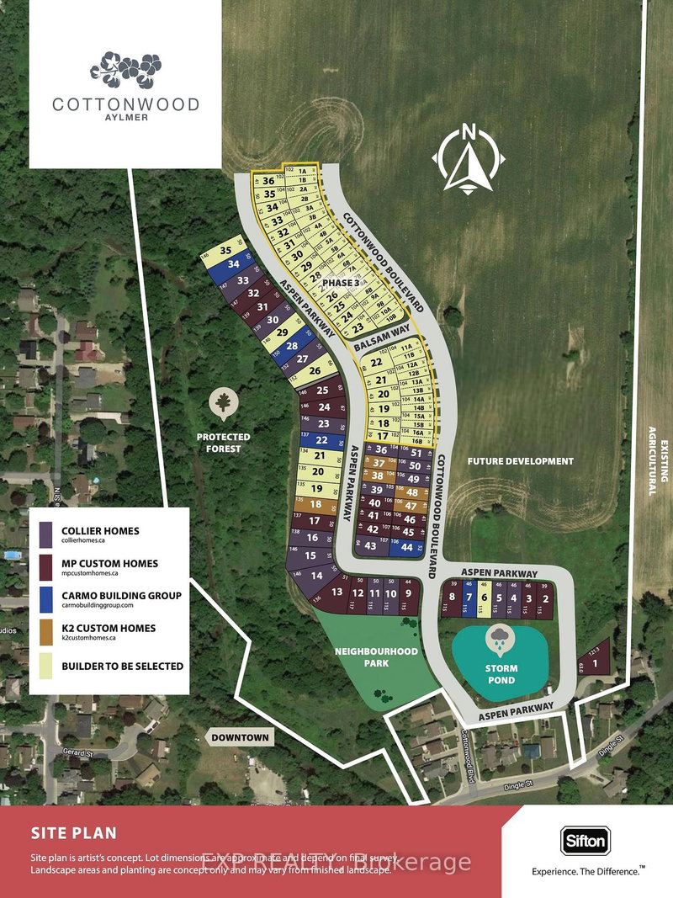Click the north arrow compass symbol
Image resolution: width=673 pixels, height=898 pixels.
pos(469,158)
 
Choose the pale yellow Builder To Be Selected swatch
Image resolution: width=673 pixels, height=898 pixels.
pos(46,666)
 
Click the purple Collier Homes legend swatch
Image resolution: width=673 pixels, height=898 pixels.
pos(46,534)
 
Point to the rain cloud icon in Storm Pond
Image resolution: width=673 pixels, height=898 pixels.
pos(500,638)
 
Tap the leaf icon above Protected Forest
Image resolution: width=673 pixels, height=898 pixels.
pos(224,405)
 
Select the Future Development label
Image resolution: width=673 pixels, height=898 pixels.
pos(521,461)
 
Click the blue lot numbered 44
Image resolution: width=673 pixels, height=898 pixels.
pos(406,547)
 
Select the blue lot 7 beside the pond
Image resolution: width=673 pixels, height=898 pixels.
pos(469,598)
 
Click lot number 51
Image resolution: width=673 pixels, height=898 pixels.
pos(416,453)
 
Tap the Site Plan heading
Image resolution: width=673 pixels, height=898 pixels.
pos(73,833)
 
